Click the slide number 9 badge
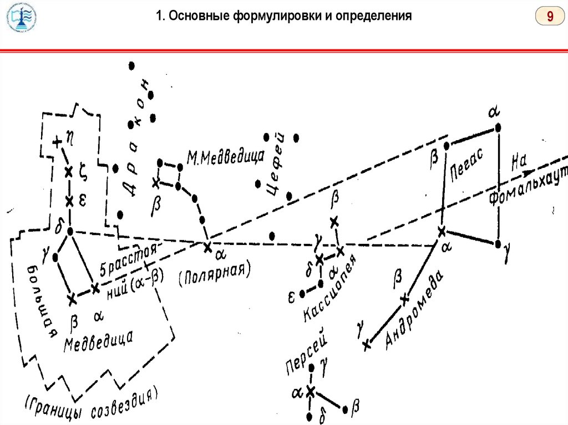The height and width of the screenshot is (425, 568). (550, 17)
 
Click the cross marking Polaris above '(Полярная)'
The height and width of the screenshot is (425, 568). (207, 247)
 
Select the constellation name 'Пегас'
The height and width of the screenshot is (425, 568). (467, 162)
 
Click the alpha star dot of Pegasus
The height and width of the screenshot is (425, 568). (498, 128)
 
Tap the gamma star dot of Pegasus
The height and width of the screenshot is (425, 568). (499, 244)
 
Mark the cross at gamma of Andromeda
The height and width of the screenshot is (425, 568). (366, 345)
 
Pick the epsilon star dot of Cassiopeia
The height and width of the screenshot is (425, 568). (302, 293)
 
